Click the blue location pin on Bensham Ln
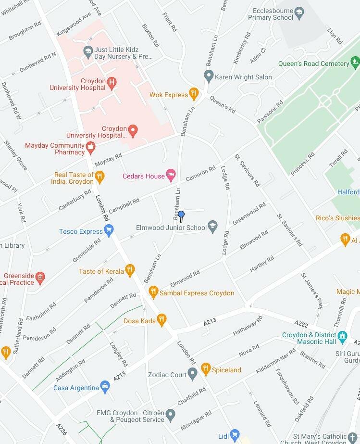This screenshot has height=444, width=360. click(181, 215)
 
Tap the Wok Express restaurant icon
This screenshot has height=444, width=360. click(194, 94)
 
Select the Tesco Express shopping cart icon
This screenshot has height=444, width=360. click(109, 231)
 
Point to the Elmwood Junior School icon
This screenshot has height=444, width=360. click(213, 227)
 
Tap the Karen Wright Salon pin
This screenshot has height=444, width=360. click(209, 76)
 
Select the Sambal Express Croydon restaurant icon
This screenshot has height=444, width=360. click(153, 292)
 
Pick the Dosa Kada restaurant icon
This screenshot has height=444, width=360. click(162, 320)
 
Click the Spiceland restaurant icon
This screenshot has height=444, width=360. click(206, 369)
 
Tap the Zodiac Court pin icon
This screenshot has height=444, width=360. click(193, 373)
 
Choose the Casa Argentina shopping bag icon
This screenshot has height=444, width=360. click(105, 387)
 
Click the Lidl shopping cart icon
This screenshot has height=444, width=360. click(235, 436)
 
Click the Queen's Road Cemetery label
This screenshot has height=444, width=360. click(314, 63)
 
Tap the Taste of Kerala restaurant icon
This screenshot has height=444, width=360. click(129, 271)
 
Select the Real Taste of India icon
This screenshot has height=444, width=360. click(99, 178)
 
